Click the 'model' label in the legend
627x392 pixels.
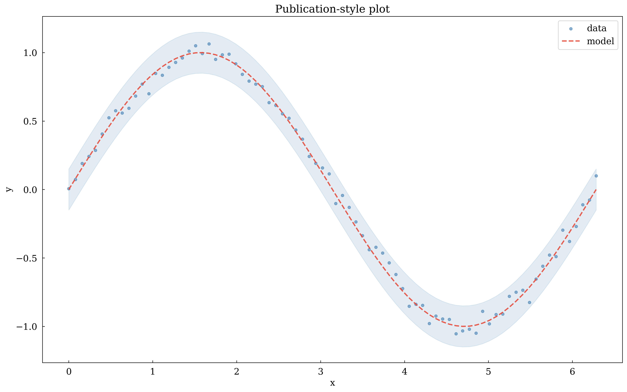pyautogui.click(x=600, y=41)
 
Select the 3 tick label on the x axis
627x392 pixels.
pyautogui.click(x=320, y=372)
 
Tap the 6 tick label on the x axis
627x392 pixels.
pyautogui.click(x=572, y=372)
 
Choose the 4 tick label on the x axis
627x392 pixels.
pyautogui.click(x=404, y=372)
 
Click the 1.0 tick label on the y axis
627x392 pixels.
pyautogui.click(x=31, y=53)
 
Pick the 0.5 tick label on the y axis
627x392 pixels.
pyautogui.click(x=31, y=121)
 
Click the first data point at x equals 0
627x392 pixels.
pyautogui.click(x=69, y=189)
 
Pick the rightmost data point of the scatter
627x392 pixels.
pyautogui.click(x=596, y=176)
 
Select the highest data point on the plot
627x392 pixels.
pyautogui.click(x=209, y=44)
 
